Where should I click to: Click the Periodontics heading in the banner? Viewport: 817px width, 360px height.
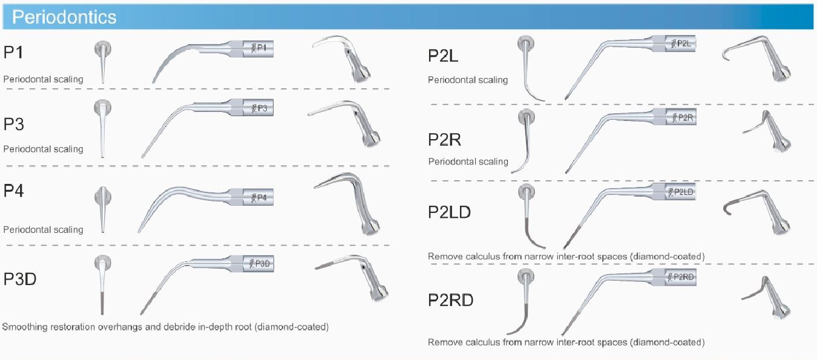pyautogui.click(x=64, y=17)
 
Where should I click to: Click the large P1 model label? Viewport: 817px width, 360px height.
pyautogui.click(x=14, y=53)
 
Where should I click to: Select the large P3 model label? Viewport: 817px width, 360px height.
pyautogui.click(x=14, y=125)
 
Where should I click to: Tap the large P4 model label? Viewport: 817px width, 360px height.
pyautogui.click(x=14, y=191)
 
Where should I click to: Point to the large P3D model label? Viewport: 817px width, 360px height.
pyautogui.click(x=21, y=279)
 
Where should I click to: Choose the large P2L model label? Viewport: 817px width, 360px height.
pyautogui.click(x=443, y=56)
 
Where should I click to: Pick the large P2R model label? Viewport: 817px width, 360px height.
pyautogui.click(x=444, y=140)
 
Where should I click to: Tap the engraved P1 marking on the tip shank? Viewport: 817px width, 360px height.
pyautogui.click(x=261, y=48)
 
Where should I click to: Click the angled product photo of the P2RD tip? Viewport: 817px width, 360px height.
pyautogui.click(x=766, y=296)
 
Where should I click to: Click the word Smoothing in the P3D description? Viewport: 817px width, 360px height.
pyautogui.click(x=24, y=327)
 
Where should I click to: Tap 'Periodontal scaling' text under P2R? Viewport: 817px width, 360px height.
pyautogui.click(x=468, y=162)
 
